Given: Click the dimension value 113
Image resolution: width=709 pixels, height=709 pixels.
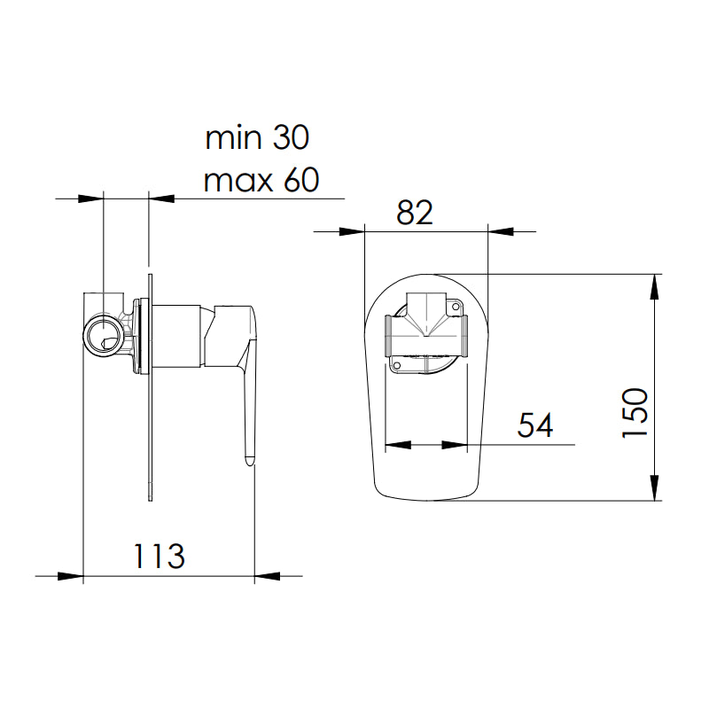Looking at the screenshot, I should click(160, 557).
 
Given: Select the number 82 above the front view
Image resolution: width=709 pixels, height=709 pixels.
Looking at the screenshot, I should click(415, 213).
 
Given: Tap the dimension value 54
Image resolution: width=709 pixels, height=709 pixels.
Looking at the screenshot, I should click(535, 425).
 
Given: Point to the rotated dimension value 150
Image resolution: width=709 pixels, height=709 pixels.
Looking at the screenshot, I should click(636, 412).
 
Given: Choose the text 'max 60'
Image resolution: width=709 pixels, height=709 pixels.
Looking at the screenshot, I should click(261, 181).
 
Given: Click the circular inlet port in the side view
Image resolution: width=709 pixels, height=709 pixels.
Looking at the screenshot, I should click(105, 336).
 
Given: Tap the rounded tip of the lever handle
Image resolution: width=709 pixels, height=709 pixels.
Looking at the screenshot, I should click(249, 460).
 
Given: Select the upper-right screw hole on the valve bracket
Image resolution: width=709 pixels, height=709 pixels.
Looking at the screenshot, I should click(458, 307).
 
